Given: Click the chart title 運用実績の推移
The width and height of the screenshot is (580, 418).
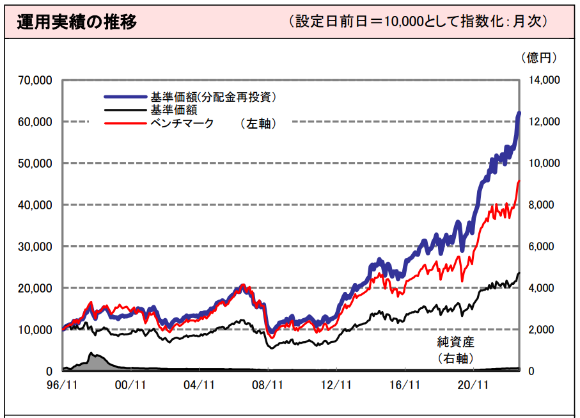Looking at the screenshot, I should click(x=76, y=21).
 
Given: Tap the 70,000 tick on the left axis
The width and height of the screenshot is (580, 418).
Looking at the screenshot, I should click(x=36, y=81).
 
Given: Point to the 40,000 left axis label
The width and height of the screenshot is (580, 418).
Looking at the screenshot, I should click(x=36, y=205).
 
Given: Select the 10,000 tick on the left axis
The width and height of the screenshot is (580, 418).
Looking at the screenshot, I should click(x=36, y=330).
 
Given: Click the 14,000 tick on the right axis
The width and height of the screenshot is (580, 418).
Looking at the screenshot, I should click(x=542, y=81).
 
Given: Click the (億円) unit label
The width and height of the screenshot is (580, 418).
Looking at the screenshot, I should click(x=538, y=58).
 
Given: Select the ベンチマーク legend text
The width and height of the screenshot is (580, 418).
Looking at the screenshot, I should click(x=182, y=123).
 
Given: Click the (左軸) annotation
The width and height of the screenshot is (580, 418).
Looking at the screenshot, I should click(x=258, y=124).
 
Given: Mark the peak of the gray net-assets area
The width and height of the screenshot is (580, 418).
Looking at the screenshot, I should click(x=91, y=353).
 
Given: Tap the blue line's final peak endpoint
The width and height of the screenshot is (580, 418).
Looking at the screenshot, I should click(x=519, y=113).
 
